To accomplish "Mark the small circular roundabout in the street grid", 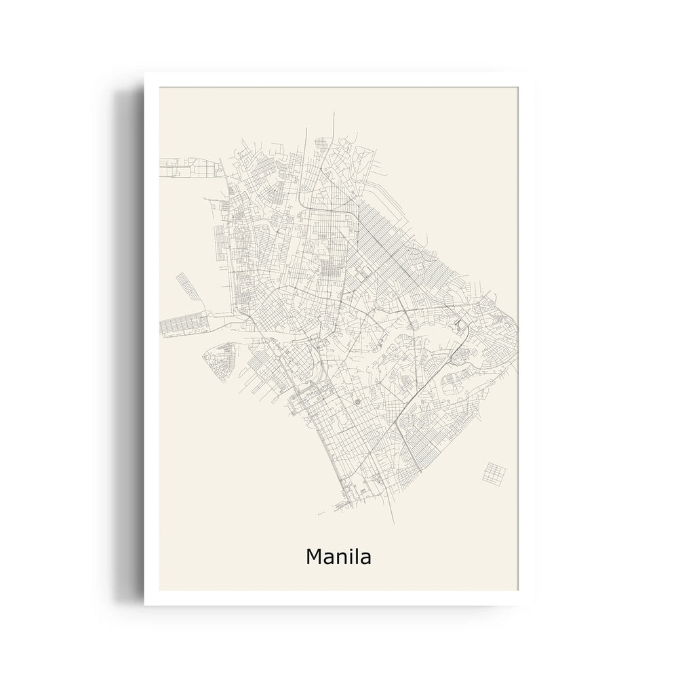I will pyautogui.click(x=358, y=404).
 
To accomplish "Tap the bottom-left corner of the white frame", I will pyautogui.click(x=144, y=605).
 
